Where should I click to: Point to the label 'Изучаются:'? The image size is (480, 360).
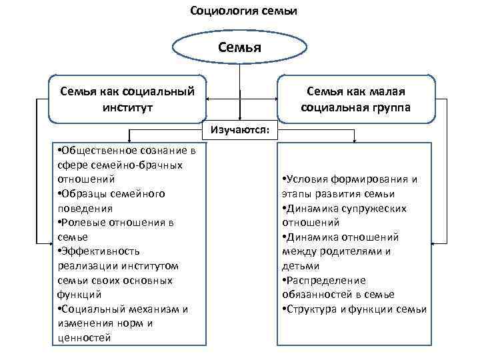(240, 130)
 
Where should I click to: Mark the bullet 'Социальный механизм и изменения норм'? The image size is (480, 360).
(120, 316)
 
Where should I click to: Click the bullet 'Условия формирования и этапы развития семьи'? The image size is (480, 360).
(350, 186)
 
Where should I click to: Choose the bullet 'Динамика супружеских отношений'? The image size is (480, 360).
(347, 215)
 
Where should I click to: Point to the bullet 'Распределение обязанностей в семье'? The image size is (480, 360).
(340, 287)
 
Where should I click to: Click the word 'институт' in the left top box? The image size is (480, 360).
(127, 107)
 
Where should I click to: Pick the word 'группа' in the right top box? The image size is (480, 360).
(391, 107)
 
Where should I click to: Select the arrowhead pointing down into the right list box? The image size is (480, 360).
(355, 141)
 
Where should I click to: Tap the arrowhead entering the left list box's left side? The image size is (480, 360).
(49, 240)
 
